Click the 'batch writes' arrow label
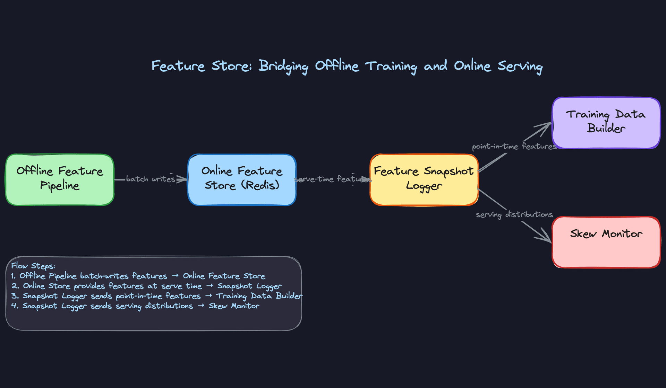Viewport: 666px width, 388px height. pyautogui.click(x=151, y=179)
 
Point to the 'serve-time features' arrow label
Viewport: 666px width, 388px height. pyautogui.click(x=332, y=179)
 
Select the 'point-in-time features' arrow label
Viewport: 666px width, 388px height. pyautogui.click(x=514, y=147)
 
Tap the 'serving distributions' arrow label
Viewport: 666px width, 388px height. pyautogui.click(x=514, y=215)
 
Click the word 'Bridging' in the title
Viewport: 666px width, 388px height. pyautogui.click(x=283, y=66)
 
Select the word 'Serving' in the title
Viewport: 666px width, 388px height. pyautogui.click(x=520, y=66)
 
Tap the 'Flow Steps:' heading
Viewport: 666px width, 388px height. pyautogui.click(x=33, y=266)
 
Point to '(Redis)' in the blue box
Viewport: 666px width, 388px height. pyautogui.click(x=260, y=185)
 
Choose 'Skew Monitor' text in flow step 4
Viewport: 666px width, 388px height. pyautogui.click(x=234, y=306)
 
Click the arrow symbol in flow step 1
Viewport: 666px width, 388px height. pyautogui.click(x=175, y=276)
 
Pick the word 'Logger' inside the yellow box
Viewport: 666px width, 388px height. pyautogui.click(x=424, y=186)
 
